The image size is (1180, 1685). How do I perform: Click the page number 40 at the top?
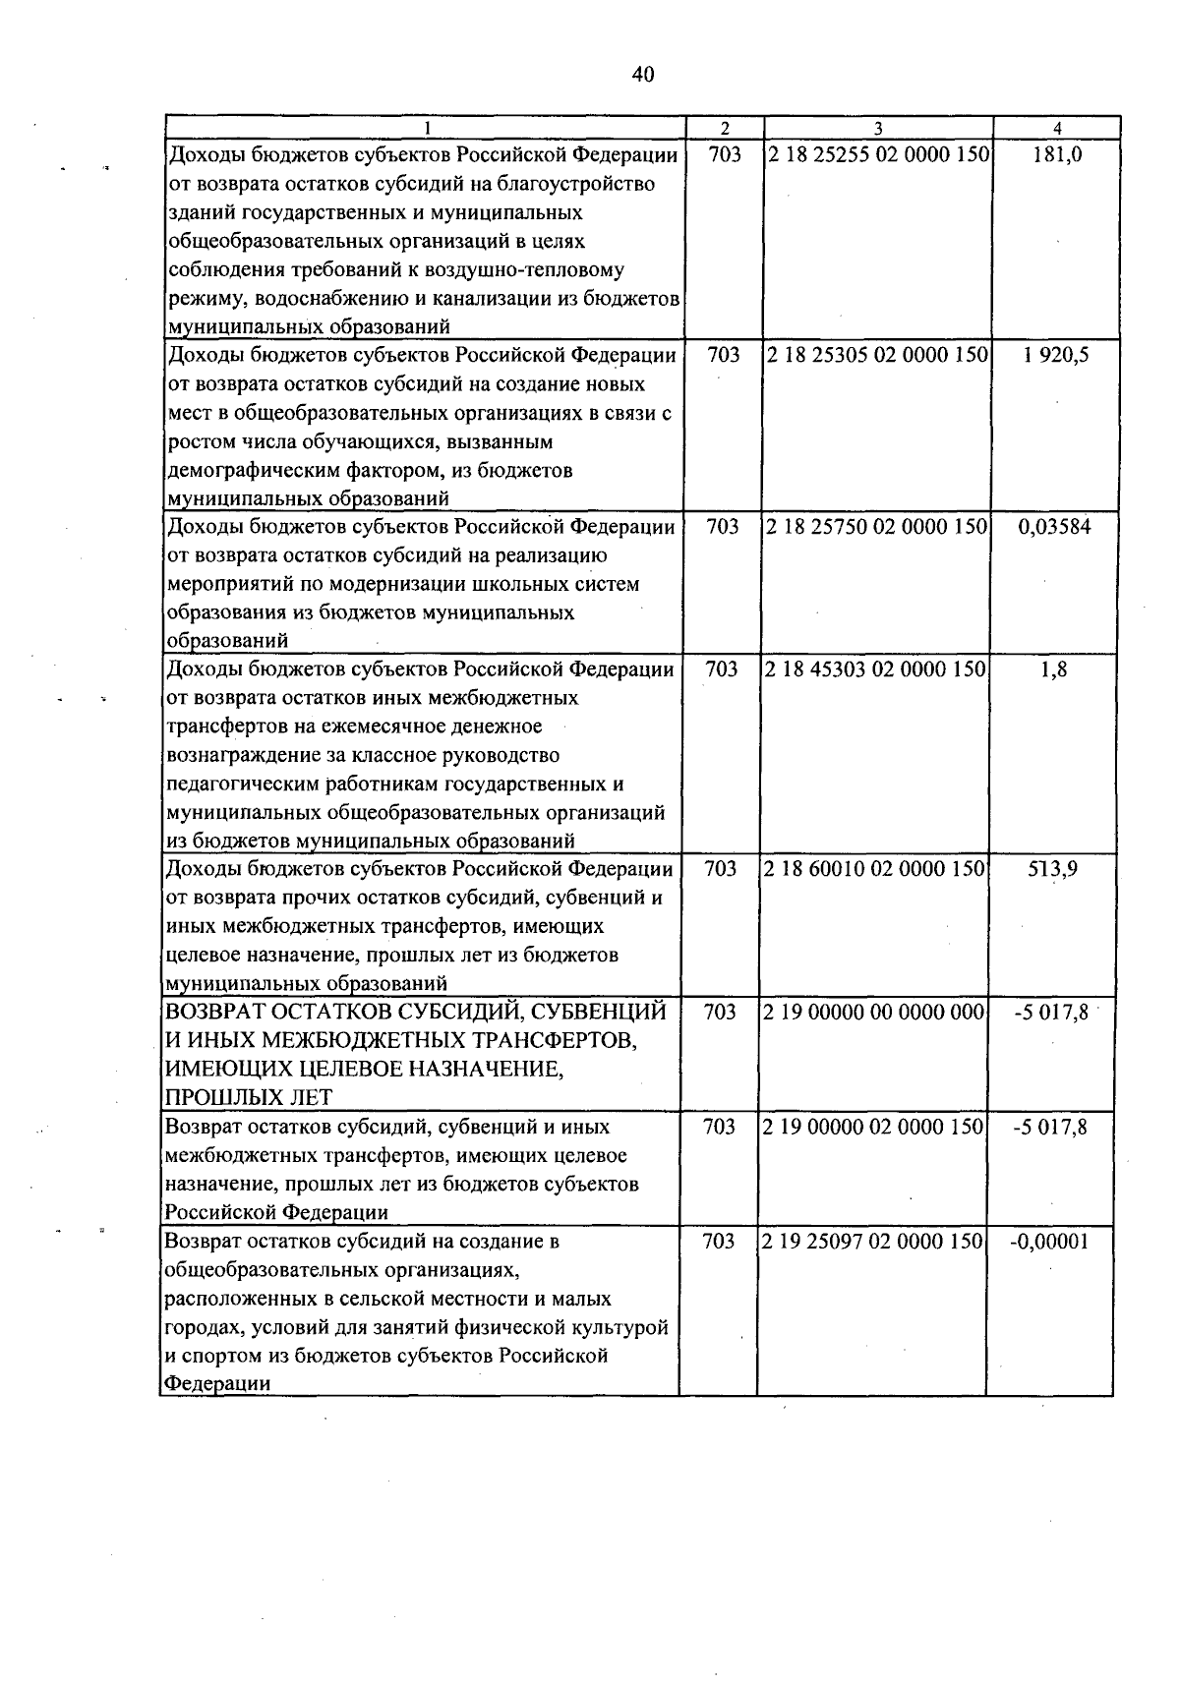pyautogui.click(x=643, y=74)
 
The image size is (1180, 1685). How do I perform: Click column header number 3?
pyautogui.click(x=878, y=128)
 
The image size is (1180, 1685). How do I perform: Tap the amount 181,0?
pyautogui.click(x=1058, y=155)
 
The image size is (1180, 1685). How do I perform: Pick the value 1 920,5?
pyautogui.click(x=1055, y=355)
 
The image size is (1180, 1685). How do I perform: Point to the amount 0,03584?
pyautogui.click(x=1054, y=527)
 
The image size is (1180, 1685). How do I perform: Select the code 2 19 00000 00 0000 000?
pyautogui.click(x=874, y=1013)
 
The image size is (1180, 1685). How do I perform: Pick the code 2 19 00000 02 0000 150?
pyautogui.click(x=874, y=1127)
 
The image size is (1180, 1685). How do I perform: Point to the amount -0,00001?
pyautogui.click(x=1049, y=1242)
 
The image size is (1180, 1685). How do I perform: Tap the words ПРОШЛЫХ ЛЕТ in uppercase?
pyautogui.click(x=249, y=1098)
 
